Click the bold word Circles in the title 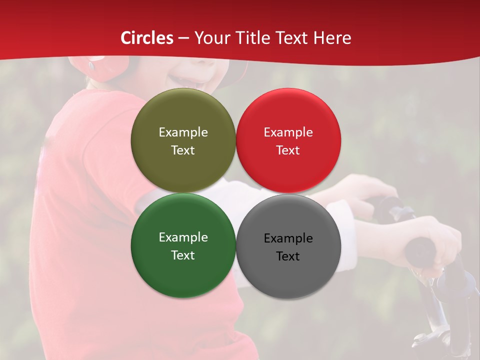tap(147, 38)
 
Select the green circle tap(183, 272)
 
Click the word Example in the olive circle tap(183, 132)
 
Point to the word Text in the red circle tap(288, 150)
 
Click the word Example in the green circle tap(183, 237)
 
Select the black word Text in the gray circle tap(288, 256)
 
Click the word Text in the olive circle tap(183, 150)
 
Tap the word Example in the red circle tap(288, 132)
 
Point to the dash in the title tap(183, 38)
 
